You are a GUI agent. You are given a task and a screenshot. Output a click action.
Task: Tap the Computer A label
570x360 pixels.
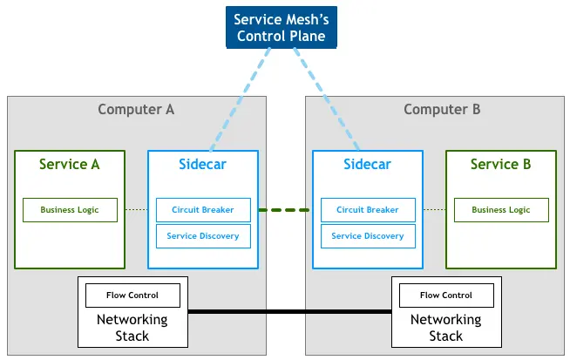point(136,109)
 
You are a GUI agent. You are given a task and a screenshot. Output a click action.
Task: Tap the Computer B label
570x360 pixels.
point(442,109)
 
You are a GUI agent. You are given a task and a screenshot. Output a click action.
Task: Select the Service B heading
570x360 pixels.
point(500,164)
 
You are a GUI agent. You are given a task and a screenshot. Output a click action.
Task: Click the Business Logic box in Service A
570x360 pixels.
point(70,210)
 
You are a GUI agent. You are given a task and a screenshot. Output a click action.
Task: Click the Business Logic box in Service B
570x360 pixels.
point(500,210)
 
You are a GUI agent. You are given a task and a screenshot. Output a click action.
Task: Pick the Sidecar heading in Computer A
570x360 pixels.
point(202,164)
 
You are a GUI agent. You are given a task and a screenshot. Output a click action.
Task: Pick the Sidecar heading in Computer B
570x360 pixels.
point(367,164)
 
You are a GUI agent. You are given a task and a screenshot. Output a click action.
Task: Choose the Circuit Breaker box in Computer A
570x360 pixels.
point(203,210)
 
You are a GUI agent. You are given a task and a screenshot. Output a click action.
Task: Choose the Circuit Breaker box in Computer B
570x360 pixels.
point(367,210)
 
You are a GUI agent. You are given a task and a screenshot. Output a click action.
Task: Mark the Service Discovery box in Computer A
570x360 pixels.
point(203,235)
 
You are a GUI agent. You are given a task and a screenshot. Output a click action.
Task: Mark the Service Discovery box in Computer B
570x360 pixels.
point(367,235)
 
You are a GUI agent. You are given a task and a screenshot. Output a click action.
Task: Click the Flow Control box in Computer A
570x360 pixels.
point(132,295)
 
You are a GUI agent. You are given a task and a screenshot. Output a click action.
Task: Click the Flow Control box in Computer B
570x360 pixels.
point(446,295)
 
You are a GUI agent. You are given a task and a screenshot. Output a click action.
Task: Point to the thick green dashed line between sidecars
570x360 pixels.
point(285,210)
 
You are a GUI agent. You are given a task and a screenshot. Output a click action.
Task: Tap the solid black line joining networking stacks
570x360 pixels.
point(289,312)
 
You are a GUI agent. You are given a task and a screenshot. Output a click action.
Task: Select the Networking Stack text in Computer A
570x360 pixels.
point(132,328)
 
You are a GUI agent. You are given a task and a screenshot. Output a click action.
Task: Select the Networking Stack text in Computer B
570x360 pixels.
point(445,328)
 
